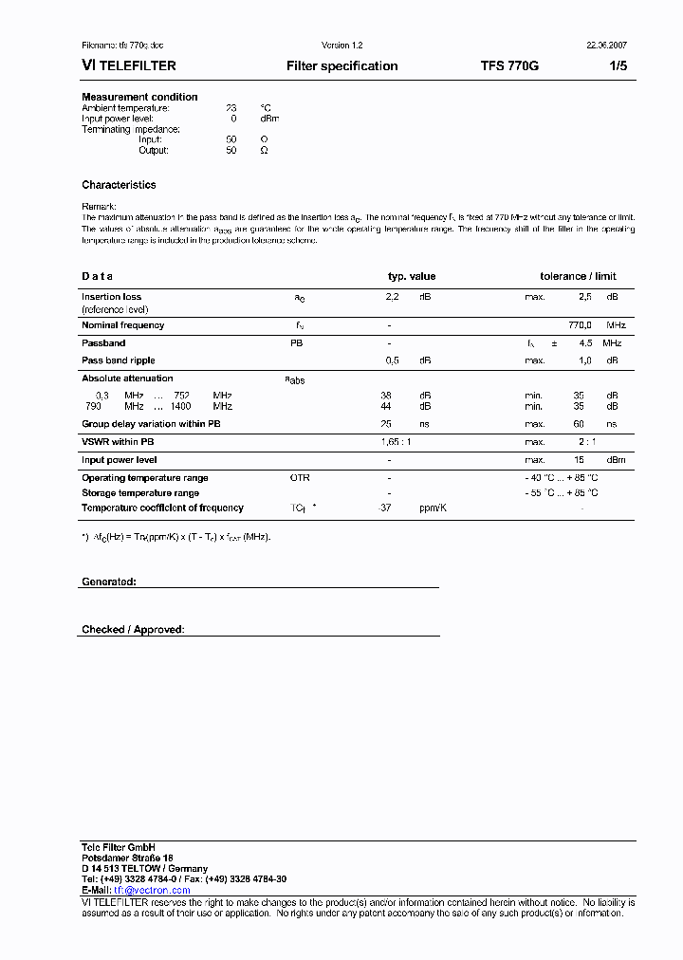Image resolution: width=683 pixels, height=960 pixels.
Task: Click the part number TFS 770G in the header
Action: click(x=509, y=66)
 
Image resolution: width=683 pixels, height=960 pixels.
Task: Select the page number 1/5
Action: click(x=618, y=66)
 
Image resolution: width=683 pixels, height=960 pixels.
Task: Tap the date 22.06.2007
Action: click(x=605, y=46)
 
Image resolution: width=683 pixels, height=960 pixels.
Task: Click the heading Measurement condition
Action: click(x=139, y=97)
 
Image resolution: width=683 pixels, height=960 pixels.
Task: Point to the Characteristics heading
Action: click(x=119, y=185)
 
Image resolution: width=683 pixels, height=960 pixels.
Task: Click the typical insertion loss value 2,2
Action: click(x=392, y=297)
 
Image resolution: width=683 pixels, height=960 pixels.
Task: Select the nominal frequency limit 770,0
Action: click(x=580, y=325)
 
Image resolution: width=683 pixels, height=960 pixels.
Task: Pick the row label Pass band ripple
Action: click(x=118, y=360)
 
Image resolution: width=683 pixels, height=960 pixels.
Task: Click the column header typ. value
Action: click(x=412, y=276)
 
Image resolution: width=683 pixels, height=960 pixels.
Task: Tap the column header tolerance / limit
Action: click(x=578, y=276)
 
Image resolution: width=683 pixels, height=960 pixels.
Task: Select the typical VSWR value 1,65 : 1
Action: click(x=396, y=442)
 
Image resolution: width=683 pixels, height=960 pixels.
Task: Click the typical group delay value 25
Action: click(x=386, y=424)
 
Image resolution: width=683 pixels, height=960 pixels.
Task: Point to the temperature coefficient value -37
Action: click(x=385, y=508)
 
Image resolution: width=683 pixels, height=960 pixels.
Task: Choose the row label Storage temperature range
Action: click(x=140, y=493)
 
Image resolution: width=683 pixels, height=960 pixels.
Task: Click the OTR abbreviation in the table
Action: click(x=300, y=478)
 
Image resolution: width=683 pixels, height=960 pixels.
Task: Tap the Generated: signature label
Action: click(x=108, y=582)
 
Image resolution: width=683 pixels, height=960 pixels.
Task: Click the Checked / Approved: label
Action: click(x=133, y=630)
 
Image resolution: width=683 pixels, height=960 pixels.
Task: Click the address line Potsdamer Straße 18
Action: click(x=127, y=858)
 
